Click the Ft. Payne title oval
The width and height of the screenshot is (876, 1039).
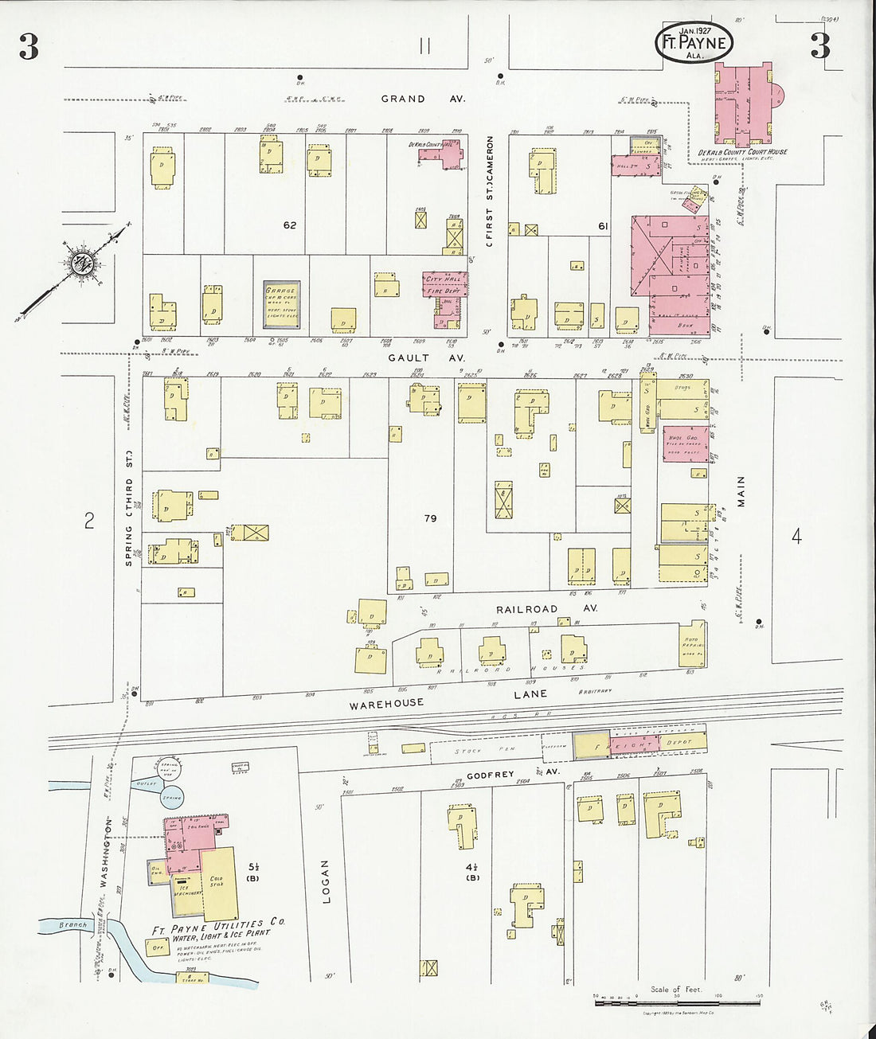(x=694, y=42)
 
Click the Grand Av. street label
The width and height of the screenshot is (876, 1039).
(x=423, y=99)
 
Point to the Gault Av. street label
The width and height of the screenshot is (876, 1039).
(x=426, y=358)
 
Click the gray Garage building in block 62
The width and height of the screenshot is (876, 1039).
(x=282, y=304)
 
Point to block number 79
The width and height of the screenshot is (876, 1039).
(x=430, y=518)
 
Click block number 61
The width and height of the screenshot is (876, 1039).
(x=603, y=226)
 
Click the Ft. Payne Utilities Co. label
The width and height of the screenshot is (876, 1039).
(x=218, y=926)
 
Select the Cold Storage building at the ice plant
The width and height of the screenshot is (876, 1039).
(x=219, y=883)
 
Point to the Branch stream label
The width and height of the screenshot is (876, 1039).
(x=72, y=925)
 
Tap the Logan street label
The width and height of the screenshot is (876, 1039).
(x=325, y=881)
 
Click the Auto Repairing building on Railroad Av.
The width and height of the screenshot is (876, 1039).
(x=690, y=649)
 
